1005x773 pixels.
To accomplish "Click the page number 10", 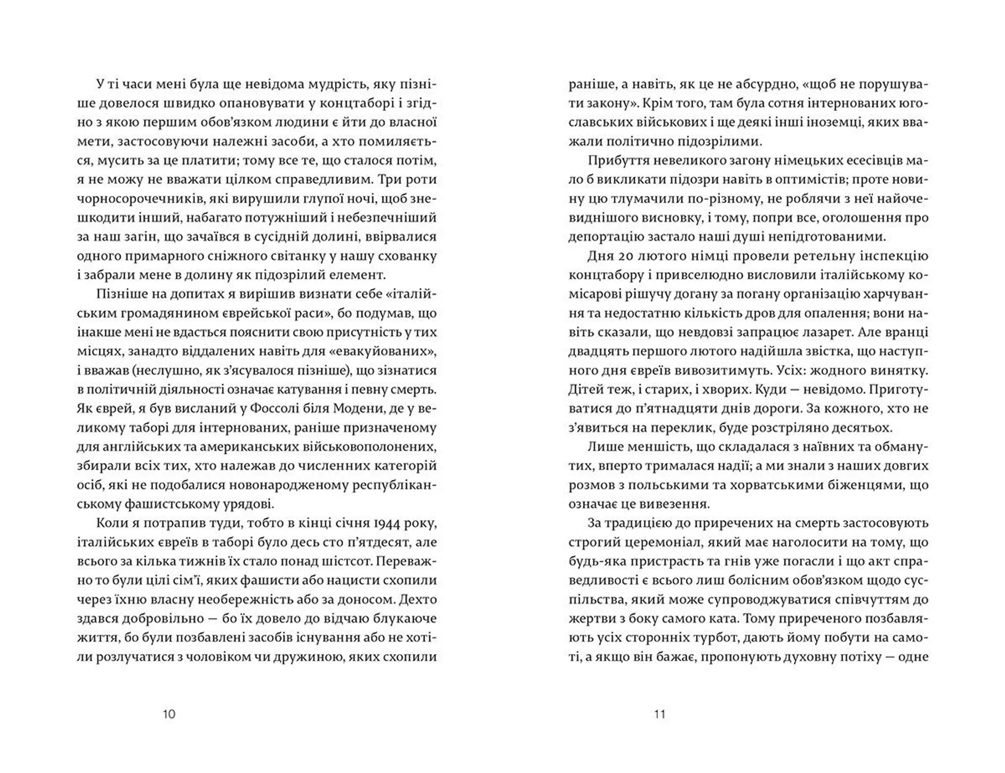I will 169,714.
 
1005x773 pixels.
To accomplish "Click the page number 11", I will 660,714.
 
